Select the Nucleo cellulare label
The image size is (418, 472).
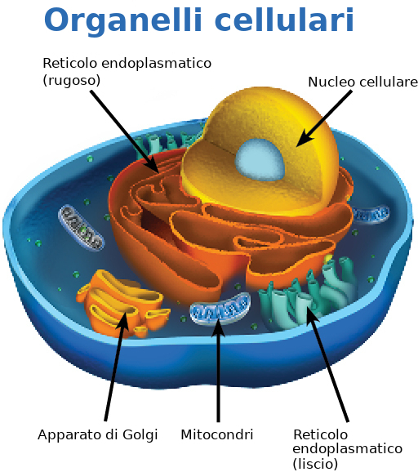tap(363, 82)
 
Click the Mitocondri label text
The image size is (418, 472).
tap(217, 434)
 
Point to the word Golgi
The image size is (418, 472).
tap(140, 435)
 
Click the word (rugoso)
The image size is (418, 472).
tap(72, 80)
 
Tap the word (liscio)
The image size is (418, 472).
tap(315, 463)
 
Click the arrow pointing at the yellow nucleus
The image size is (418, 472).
tap(324, 118)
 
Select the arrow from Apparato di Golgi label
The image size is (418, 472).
tap(117, 367)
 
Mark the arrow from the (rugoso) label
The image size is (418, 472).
tap(125, 131)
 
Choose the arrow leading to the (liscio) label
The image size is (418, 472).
tap(327, 364)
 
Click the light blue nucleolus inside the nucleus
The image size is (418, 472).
tap(260, 159)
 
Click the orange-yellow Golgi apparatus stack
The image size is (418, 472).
tap(122, 302)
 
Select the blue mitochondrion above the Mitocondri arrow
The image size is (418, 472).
tap(220, 309)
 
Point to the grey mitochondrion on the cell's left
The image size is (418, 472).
tap(81, 228)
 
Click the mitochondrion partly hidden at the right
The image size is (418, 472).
tap(370, 214)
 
